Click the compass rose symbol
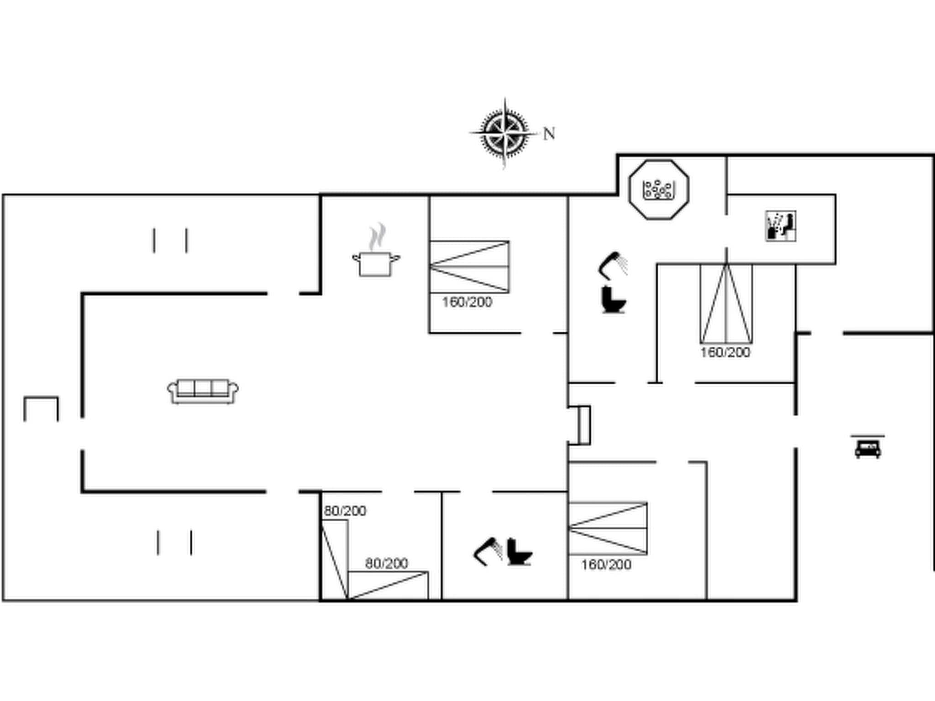pyautogui.click(x=504, y=133)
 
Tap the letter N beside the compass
pyautogui.click(x=549, y=134)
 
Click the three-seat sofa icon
pyautogui.click(x=203, y=391)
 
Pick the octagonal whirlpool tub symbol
pyautogui.click(x=658, y=189)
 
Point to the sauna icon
pyautogui.click(x=781, y=226)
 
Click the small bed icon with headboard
pyautogui.click(x=867, y=447)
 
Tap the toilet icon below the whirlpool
pyautogui.click(x=613, y=299)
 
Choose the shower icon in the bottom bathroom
pyautogui.click(x=488, y=551)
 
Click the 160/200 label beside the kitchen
pyautogui.click(x=467, y=302)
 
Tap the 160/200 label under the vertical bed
pyautogui.click(x=725, y=352)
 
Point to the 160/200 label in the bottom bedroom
pyautogui.click(x=606, y=565)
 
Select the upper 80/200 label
pyautogui.click(x=345, y=511)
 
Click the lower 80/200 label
pyautogui.click(x=386, y=564)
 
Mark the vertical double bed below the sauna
pyautogui.click(x=726, y=303)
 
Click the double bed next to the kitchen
pyautogui.click(x=469, y=267)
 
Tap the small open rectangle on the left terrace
pyautogui.click(x=41, y=409)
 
